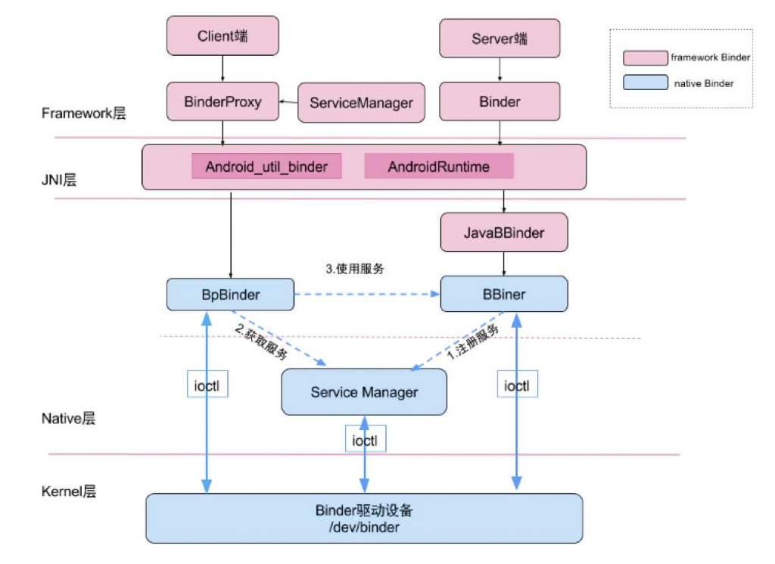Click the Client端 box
tap(223, 36)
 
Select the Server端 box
tap(500, 38)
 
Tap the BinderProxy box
tap(223, 101)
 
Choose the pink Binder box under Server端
tap(500, 101)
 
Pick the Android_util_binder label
tap(266, 167)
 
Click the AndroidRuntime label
tap(439, 167)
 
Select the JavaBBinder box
tap(504, 232)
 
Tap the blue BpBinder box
tap(230, 294)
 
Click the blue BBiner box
tap(504, 294)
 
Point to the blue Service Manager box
tap(364, 392)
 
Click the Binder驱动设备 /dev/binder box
tap(364, 518)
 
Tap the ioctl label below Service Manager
tap(365, 440)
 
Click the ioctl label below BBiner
tap(517, 385)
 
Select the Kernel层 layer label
tap(69, 491)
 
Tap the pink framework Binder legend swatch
tap(646, 58)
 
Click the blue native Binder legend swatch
tap(646, 83)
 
